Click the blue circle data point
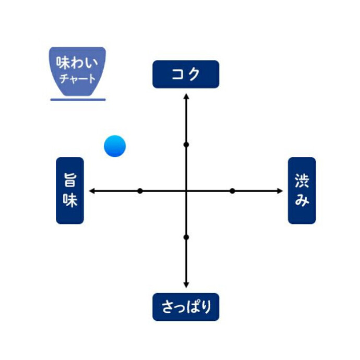(x=115, y=146)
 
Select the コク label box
(x=186, y=74)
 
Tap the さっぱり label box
(x=186, y=307)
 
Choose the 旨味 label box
(x=70, y=190)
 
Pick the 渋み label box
(x=302, y=190)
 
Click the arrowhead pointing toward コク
(x=186, y=96)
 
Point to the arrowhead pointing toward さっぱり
(x=186, y=285)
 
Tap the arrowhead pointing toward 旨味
(x=92, y=191)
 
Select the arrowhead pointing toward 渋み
(x=280, y=191)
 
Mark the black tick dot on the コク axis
(x=186, y=145)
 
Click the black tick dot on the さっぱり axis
(x=186, y=237)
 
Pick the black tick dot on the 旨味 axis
(x=140, y=191)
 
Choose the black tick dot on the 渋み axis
(x=232, y=191)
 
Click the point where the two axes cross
(x=186, y=191)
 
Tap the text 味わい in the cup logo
(x=77, y=63)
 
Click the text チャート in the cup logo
(x=77, y=78)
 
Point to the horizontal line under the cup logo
(x=78, y=100)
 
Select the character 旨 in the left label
(x=70, y=179)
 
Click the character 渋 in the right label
(x=302, y=181)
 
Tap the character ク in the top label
(x=193, y=74)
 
